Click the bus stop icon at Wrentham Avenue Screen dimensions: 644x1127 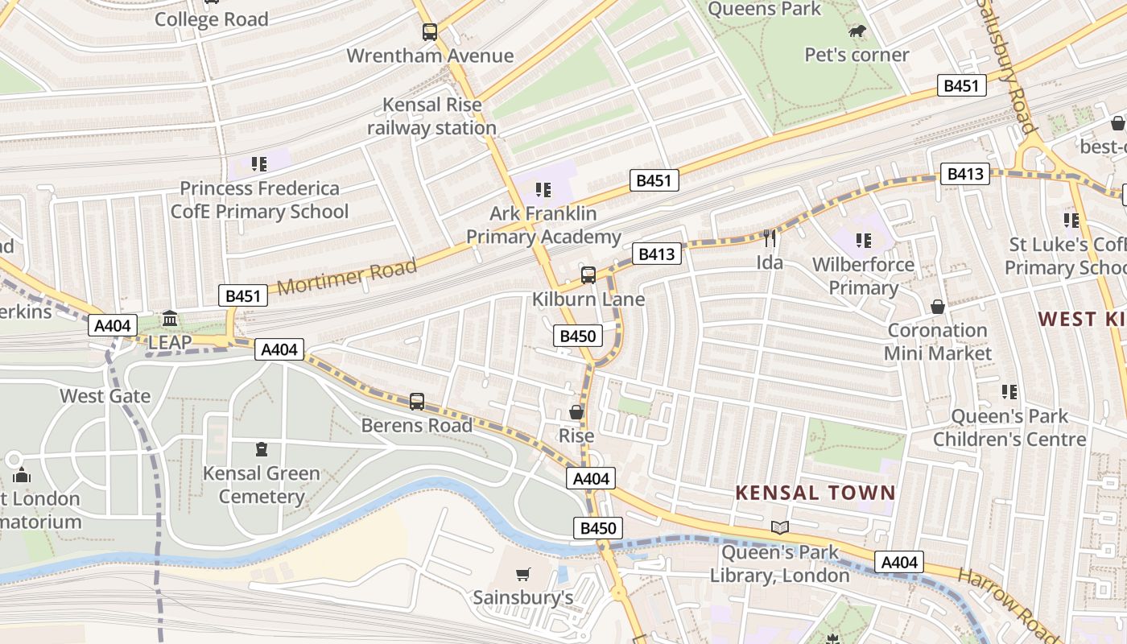pos(430,32)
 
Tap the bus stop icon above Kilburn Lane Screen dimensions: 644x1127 pos(588,275)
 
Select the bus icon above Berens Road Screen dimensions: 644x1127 pos(417,401)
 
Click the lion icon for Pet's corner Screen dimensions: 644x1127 pos(857,31)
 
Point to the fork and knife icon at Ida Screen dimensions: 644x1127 pos(770,237)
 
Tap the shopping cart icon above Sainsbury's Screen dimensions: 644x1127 pos(523,574)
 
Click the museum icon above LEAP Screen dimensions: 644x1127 pos(170,319)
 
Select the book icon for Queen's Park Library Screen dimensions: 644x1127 pos(779,528)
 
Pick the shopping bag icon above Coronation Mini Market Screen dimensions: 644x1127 pos(938,307)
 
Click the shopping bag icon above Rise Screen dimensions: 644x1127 pos(576,412)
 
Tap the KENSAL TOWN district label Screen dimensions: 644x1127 pos(815,493)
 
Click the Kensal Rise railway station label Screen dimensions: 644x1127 pos(432,116)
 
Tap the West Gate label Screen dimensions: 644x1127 pos(105,396)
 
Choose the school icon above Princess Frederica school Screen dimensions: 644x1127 pos(258,164)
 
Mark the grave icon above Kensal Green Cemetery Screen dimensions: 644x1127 pos(261,449)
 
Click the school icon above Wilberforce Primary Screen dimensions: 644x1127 pos(864,240)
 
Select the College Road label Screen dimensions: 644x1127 pos(212,19)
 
